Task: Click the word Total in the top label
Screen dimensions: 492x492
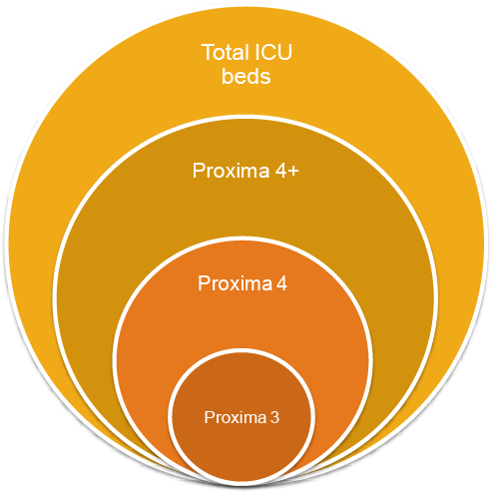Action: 226,52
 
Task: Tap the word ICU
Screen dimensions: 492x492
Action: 273,52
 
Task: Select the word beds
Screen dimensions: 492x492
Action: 246,76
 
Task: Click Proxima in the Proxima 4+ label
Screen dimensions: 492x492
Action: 231,171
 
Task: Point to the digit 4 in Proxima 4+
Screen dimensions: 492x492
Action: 280,171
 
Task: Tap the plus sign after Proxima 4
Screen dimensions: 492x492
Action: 293,172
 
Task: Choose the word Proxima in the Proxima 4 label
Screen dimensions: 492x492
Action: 235,283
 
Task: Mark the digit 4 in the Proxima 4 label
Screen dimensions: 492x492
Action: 281,283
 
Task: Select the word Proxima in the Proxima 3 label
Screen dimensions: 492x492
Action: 236,417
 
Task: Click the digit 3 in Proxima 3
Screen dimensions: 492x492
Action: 274,417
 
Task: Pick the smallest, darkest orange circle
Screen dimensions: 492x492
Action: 242,417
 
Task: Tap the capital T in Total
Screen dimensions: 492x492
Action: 208,53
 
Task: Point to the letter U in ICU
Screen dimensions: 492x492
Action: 285,53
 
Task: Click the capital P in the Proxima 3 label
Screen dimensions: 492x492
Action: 209,417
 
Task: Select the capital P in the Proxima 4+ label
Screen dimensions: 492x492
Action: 199,171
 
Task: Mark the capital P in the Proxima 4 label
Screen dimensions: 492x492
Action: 204,283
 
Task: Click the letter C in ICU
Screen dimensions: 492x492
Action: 268,53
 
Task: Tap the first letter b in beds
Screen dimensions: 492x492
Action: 228,76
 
